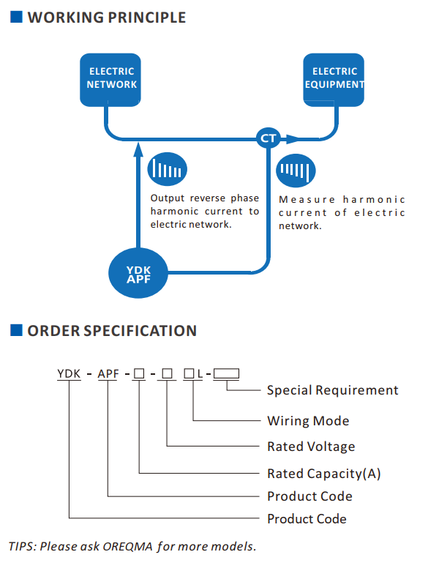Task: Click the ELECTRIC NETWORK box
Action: [110, 80]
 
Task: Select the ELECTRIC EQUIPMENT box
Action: [334, 80]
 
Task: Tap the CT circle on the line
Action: [269, 138]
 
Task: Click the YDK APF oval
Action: [138, 273]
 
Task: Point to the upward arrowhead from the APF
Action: [138, 149]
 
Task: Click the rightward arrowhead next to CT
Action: [292, 139]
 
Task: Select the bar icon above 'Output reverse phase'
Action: [167, 169]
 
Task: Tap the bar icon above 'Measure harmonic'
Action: [296, 171]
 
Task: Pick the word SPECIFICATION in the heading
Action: [140, 331]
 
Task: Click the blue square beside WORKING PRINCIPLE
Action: [16, 17]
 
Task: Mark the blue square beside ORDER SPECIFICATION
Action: [16, 330]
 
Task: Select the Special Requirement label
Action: [333, 390]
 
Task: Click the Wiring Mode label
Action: [308, 421]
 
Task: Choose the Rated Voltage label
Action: [311, 447]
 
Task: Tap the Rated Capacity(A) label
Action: [324, 474]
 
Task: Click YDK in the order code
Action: [69, 373]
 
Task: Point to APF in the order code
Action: [108, 373]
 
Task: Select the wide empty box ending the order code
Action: [226, 373]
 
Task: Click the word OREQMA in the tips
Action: [128, 546]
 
